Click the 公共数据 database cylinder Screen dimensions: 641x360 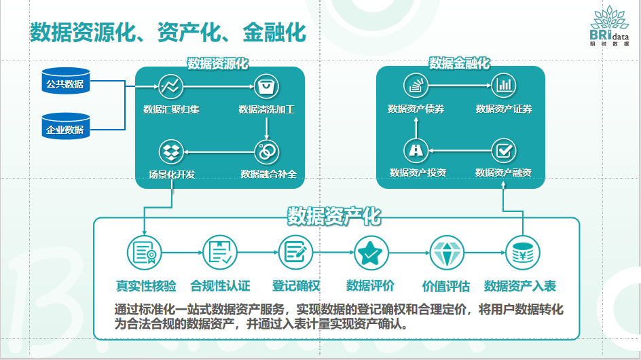(x=65, y=84)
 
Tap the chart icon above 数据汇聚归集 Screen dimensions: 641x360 (x=170, y=86)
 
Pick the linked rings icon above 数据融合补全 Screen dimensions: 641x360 (x=265, y=151)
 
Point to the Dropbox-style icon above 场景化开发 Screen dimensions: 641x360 (x=170, y=151)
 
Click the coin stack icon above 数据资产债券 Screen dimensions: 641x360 (x=414, y=86)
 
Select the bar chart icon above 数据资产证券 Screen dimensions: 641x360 (x=503, y=86)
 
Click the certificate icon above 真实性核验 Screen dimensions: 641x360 (x=144, y=253)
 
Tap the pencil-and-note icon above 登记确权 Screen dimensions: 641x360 (x=295, y=253)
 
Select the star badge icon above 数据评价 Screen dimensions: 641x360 (x=371, y=253)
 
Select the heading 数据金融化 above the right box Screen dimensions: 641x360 (x=459, y=63)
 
